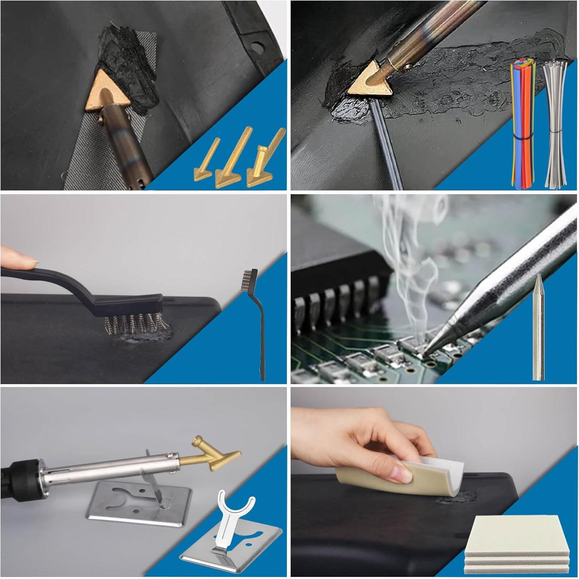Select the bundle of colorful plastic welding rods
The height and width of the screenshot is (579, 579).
(x=523, y=124)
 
